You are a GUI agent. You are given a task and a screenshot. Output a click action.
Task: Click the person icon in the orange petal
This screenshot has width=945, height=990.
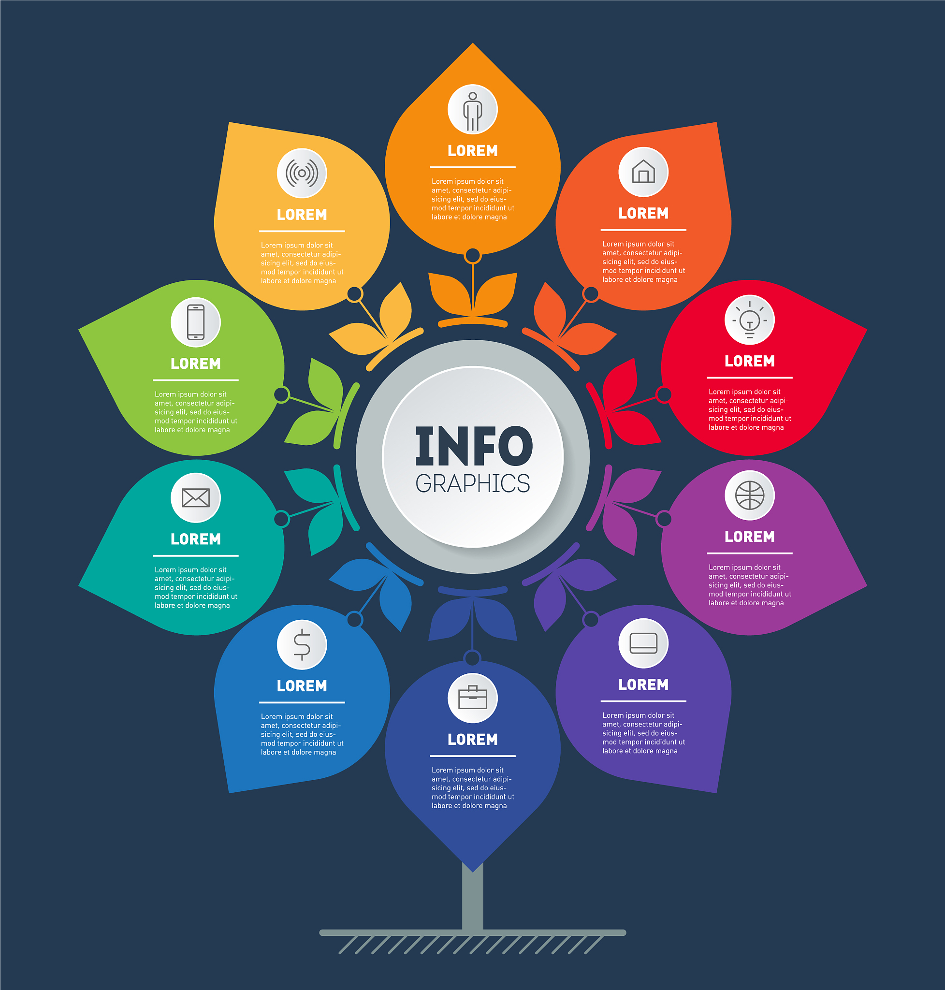click(473, 111)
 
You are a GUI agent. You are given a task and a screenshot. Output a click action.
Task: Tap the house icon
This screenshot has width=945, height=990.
click(643, 171)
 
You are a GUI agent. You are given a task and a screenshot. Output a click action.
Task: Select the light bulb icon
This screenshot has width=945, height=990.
click(750, 320)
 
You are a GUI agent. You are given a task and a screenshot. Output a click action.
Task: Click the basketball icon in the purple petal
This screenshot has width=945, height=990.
click(750, 495)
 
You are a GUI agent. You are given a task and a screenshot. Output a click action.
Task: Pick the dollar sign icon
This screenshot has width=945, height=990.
click(302, 644)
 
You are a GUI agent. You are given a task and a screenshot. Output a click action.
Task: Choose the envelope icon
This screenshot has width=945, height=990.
click(195, 498)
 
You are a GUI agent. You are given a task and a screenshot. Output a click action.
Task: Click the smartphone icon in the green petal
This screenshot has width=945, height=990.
click(195, 322)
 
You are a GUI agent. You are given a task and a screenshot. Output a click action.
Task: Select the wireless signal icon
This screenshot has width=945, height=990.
click(302, 173)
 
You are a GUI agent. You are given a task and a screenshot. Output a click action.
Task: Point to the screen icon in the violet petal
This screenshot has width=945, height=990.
click(643, 643)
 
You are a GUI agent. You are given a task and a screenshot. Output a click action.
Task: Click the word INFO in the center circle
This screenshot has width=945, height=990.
click(474, 446)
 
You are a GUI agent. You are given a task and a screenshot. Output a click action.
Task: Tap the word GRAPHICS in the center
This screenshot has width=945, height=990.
click(473, 484)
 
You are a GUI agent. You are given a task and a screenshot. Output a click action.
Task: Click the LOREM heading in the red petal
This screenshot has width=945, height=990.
click(750, 361)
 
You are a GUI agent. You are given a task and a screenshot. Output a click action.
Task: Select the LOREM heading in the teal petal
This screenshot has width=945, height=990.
click(195, 539)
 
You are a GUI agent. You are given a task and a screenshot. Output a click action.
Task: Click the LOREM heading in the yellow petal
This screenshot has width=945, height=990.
click(302, 215)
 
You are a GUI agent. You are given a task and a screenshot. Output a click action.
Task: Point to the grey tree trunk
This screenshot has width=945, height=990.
click(473, 896)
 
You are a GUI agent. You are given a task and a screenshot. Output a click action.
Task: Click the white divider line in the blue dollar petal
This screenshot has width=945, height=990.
click(302, 702)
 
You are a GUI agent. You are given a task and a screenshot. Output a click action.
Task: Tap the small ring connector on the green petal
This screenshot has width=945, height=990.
click(282, 394)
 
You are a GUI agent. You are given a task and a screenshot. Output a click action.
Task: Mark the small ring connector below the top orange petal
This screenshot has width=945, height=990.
click(473, 255)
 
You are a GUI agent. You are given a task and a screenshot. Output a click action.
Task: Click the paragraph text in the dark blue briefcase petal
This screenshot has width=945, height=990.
click(473, 787)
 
